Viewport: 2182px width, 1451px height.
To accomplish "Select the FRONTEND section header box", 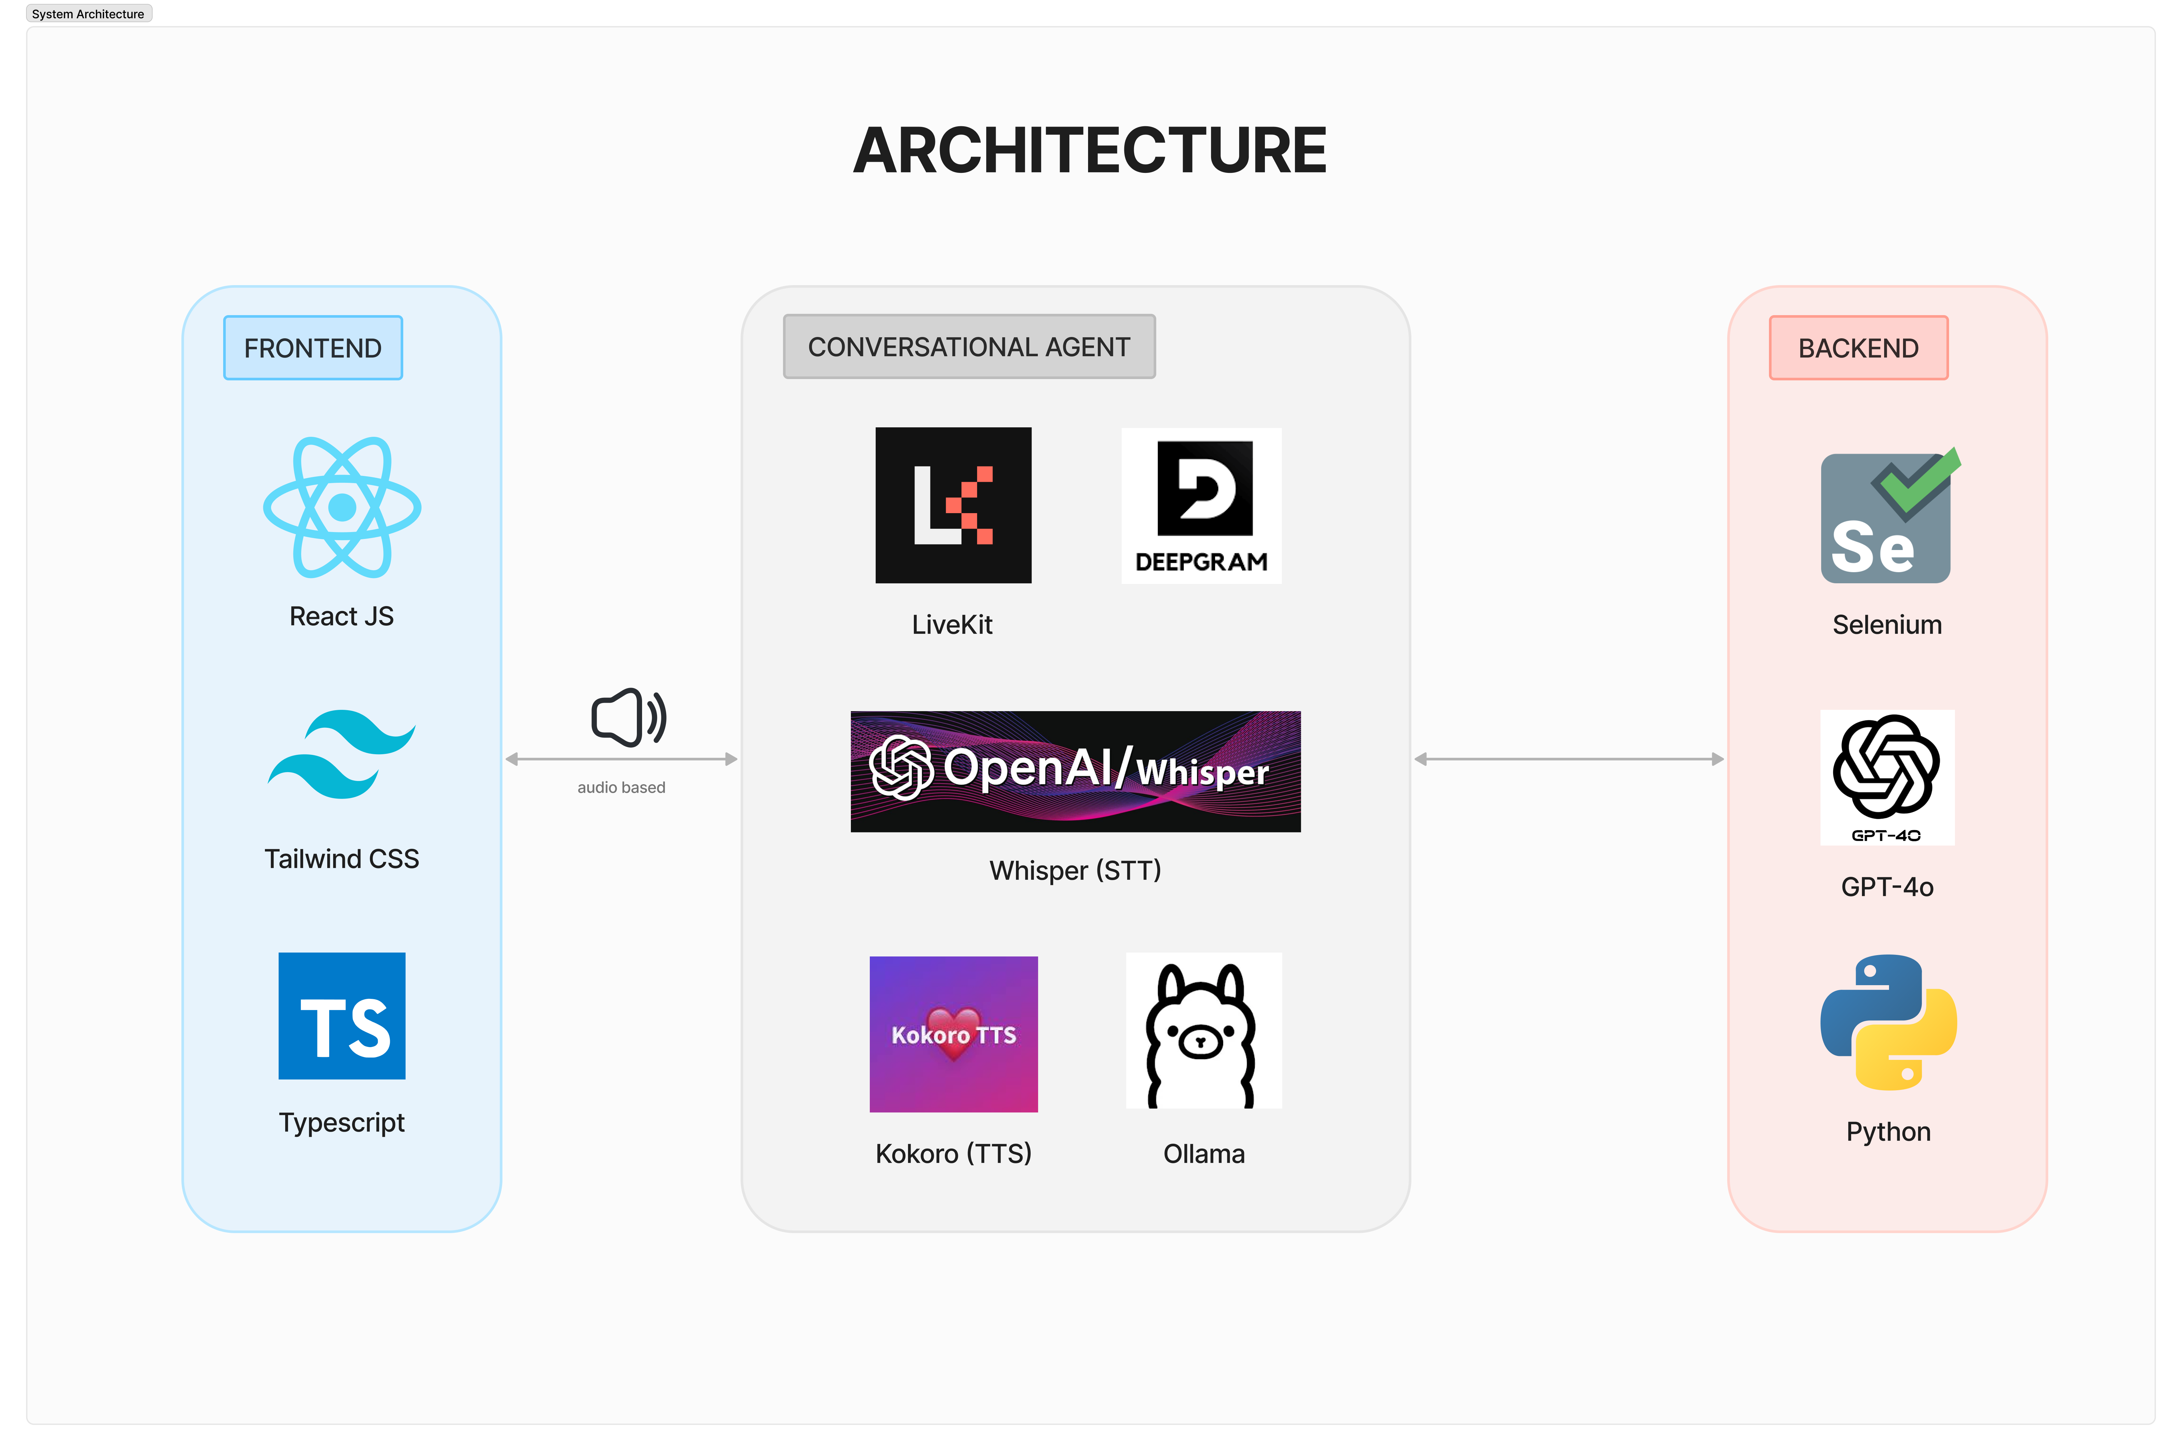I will point(313,348).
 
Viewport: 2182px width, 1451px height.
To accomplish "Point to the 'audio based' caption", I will point(621,787).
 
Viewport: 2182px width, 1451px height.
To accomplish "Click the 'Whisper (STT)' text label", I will point(1074,871).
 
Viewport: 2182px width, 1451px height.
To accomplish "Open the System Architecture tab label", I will point(88,14).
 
